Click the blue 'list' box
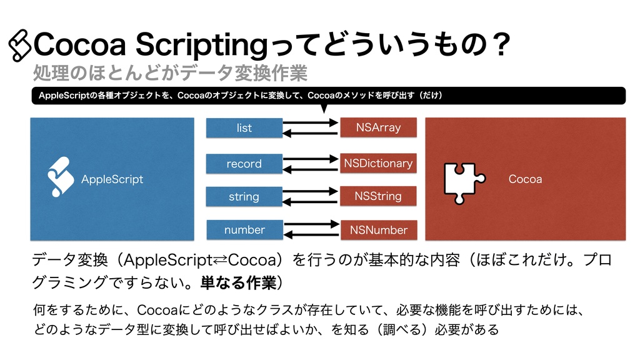pyautogui.click(x=244, y=128)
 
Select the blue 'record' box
pyautogui.click(x=244, y=164)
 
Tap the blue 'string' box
pyautogui.click(x=244, y=197)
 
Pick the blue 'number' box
pyautogui.click(x=244, y=230)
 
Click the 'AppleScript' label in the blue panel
pyautogui.click(x=112, y=179)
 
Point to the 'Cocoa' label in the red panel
pyautogui.click(x=525, y=179)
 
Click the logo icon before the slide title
pyautogui.click(x=20, y=46)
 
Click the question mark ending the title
pyautogui.click(x=499, y=45)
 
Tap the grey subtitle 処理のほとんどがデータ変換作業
pyautogui.click(x=170, y=74)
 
